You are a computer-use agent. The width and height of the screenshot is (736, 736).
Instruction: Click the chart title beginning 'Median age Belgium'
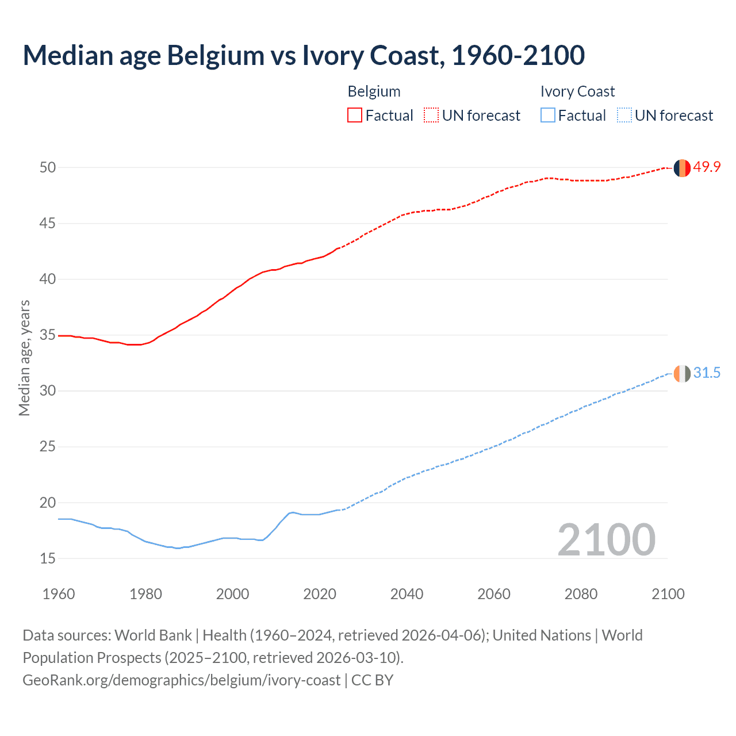pos(304,55)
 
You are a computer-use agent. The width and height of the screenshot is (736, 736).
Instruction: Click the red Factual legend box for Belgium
pos(355,115)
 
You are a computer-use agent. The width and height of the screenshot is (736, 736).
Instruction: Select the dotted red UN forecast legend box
pos(431,115)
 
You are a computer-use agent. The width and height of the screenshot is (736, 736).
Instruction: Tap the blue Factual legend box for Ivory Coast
pos(548,115)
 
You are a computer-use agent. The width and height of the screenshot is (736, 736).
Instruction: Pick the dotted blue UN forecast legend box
pos(624,115)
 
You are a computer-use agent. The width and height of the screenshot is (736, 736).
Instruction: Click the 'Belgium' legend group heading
pos(374,91)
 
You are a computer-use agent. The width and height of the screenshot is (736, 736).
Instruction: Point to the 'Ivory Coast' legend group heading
pos(577,91)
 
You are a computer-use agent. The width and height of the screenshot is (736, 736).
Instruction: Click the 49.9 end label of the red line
pos(707,167)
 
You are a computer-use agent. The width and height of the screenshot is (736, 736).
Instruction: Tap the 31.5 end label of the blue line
pos(707,373)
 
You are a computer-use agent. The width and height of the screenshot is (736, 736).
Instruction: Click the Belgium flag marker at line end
pos(682,168)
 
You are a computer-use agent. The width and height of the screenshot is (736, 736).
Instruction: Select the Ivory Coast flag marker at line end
pos(682,374)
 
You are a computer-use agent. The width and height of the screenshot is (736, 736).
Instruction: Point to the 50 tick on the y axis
pos(48,167)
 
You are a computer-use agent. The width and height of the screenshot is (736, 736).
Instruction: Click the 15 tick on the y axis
pos(48,558)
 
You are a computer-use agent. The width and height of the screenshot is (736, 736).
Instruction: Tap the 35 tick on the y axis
pos(48,335)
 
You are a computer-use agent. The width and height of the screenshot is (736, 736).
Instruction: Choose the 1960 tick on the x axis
pos(59,594)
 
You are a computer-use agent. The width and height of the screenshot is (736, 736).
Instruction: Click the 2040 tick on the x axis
pos(407,594)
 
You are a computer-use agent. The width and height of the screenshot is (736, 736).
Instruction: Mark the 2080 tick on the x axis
pos(581,594)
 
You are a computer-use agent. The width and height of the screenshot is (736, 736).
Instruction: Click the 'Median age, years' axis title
pos(24,358)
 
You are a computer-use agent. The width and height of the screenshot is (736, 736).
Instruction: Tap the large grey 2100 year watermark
pos(606,539)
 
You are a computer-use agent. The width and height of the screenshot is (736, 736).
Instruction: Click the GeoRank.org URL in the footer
pos(181,680)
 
